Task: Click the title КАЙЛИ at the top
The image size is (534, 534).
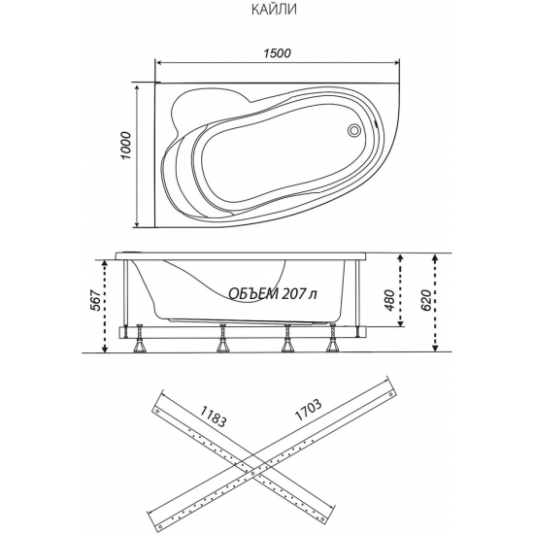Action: [274, 9]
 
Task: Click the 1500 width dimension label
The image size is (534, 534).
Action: [278, 53]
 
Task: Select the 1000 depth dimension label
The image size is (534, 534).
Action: [125, 146]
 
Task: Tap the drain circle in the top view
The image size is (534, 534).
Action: [353, 130]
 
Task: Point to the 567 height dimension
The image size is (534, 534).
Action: [96, 301]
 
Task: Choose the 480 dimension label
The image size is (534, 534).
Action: [390, 300]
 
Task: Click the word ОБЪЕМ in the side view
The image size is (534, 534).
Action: [252, 293]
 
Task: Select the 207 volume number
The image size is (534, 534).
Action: [293, 293]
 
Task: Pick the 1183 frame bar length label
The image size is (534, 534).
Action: [213, 417]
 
